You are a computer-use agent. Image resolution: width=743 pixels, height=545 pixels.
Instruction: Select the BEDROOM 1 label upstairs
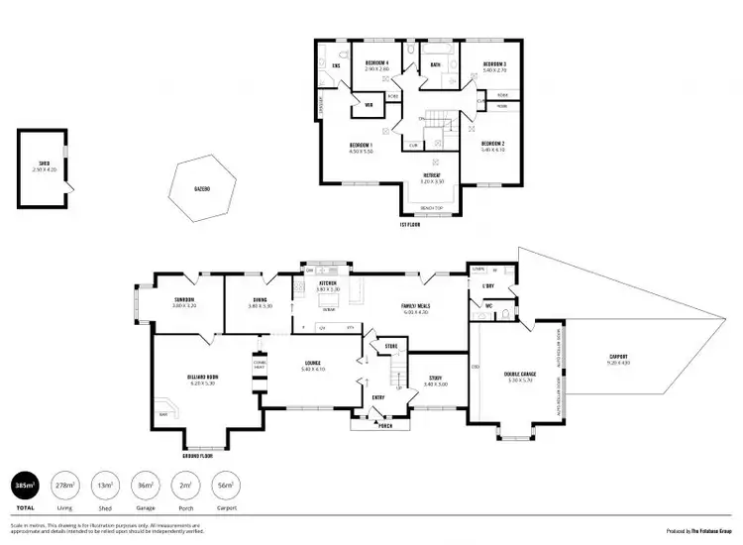point(361,145)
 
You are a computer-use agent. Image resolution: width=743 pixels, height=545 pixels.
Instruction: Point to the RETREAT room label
point(432,175)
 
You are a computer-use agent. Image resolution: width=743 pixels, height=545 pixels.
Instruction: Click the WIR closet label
point(369,105)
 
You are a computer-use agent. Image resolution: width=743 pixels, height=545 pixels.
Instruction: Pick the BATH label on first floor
point(436,66)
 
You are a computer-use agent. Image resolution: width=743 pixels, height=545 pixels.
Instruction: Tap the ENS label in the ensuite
point(336,66)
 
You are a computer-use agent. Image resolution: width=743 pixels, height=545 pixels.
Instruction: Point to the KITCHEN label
point(328,283)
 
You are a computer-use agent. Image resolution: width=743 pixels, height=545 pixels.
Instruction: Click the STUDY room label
point(436,377)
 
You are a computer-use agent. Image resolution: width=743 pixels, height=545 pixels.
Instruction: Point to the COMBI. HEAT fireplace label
point(260,364)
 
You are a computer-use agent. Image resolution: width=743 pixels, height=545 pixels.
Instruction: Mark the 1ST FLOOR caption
point(412,226)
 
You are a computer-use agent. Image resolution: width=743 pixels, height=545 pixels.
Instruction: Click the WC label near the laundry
point(489,305)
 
